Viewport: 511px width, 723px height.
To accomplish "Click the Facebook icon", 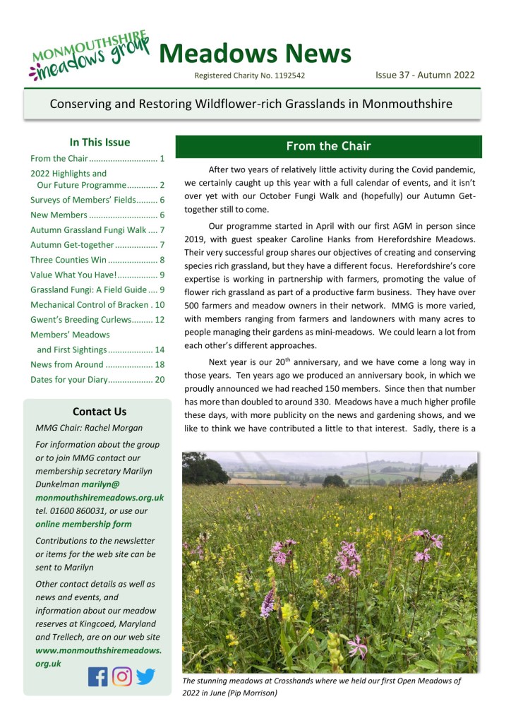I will (98, 676).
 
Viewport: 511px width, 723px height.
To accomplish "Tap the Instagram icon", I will (122, 676).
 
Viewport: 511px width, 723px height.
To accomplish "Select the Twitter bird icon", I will (145, 676).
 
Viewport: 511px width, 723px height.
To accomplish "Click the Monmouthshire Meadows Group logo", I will (90, 54).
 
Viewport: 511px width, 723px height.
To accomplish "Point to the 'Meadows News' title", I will (255, 54).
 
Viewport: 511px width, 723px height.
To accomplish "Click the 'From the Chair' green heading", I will (328, 147).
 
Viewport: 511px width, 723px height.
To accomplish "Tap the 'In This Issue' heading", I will (100, 143).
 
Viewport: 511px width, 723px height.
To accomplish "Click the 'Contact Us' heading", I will (100, 412).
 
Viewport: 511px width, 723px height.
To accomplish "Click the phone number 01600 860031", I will (73, 511).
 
